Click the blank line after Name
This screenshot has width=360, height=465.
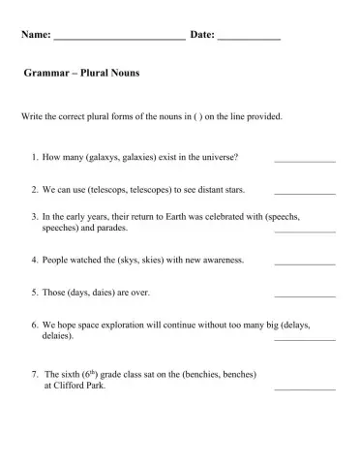(x=118, y=38)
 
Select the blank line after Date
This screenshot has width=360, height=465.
(x=250, y=38)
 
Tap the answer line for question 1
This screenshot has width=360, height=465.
(x=305, y=160)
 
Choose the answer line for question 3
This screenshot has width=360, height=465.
(x=305, y=232)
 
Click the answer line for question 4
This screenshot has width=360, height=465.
(x=305, y=263)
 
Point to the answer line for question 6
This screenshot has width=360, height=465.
(x=305, y=339)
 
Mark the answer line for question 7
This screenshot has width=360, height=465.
(x=305, y=387)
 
